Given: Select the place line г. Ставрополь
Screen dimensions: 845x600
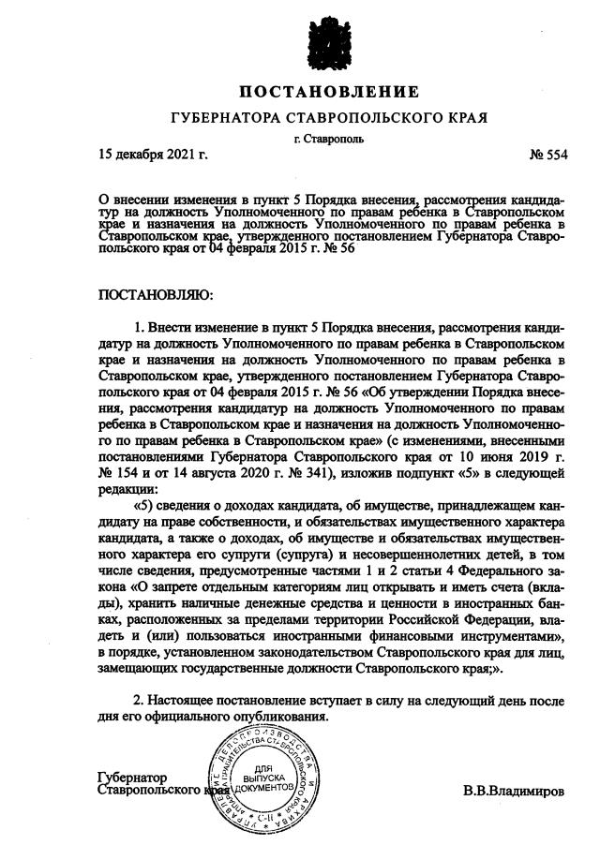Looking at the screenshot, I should (x=328, y=139).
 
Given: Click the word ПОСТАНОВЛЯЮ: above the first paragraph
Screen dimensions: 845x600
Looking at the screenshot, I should (x=157, y=295).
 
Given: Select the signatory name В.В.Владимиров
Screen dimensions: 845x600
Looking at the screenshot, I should (x=514, y=792).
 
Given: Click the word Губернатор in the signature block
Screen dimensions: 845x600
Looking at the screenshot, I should (x=132, y=777).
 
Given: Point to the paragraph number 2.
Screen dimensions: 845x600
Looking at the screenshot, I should (x=139, y=701).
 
